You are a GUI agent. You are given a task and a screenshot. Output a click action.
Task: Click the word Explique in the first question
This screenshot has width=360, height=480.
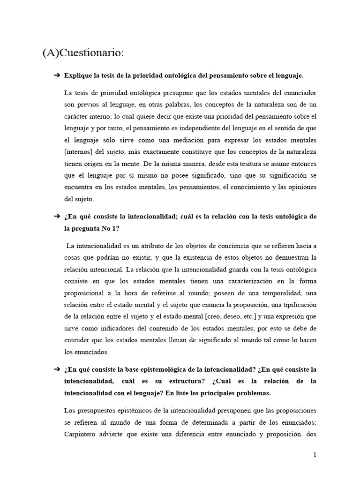tap(78, 75)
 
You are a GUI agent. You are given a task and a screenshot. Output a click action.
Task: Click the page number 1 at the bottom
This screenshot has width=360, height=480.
tap(315, 455)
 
